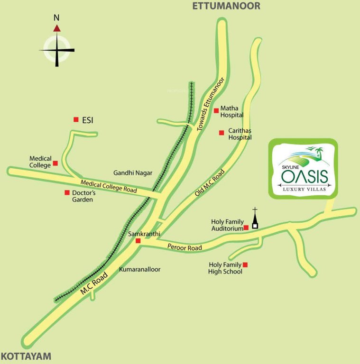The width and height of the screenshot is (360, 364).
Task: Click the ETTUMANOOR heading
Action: [x=226, y=6]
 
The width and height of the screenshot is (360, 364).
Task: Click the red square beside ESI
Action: [x=76, y=120]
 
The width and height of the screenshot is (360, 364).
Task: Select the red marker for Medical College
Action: [x=55, y=163]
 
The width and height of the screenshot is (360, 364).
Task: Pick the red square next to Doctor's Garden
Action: [x=67, y=192]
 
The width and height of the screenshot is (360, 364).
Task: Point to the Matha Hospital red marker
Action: [x=216, y=110]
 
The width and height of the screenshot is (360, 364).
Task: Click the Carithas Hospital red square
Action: [x=221, y=133]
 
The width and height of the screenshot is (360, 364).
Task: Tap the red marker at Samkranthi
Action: [x=138, y=241]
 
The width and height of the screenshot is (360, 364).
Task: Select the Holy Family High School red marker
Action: [x=245, y=264]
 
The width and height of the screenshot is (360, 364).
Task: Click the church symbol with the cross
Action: [x=255, y=220]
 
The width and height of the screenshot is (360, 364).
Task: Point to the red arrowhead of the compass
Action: [x=57, y=28]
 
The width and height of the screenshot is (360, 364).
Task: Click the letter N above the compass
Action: [x=56, y=18]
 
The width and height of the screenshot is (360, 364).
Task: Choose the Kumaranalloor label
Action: [x=139, y=269]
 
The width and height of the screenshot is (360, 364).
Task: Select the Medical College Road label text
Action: [x=109, y=186]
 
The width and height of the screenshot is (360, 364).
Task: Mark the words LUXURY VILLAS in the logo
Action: [x=304, y=190]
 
